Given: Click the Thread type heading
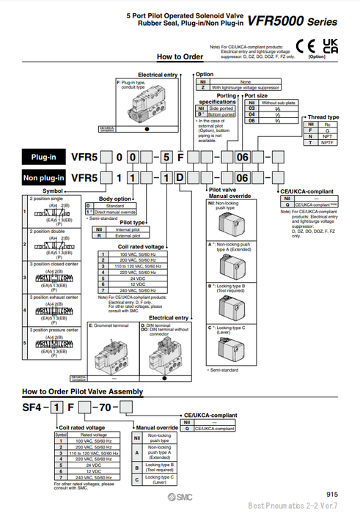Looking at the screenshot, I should (323, 117).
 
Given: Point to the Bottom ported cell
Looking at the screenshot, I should (221, 114).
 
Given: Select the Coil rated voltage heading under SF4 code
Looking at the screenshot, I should (84, 426).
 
